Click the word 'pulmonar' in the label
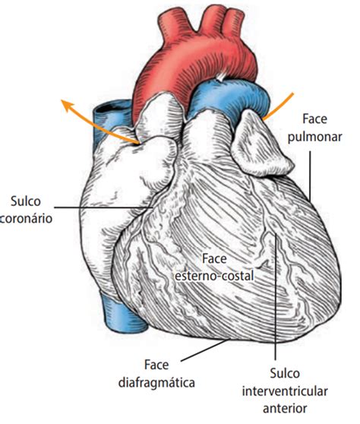[315, 138]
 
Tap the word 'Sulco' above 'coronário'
[26, 201]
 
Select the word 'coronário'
[26, 219]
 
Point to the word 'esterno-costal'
[215, 276]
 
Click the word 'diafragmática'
[156, 383]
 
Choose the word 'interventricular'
[285, 391]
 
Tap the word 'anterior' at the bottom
[285, 408]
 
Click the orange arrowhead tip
[61, 100]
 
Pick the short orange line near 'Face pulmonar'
[279, 106]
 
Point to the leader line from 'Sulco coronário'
[104, 207]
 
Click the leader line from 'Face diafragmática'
[204, 350]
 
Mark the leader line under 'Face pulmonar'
[310, 176]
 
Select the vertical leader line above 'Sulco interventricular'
[276, 296]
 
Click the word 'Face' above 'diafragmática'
[156, 365]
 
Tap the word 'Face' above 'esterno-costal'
[214, 259]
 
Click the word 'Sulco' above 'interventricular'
[285, 374]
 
